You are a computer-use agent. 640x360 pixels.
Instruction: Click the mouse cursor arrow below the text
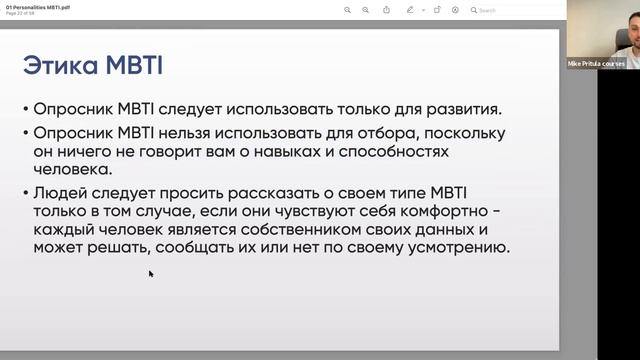[x=150, y=272]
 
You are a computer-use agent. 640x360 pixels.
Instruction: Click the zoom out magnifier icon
[x=347, y=10]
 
